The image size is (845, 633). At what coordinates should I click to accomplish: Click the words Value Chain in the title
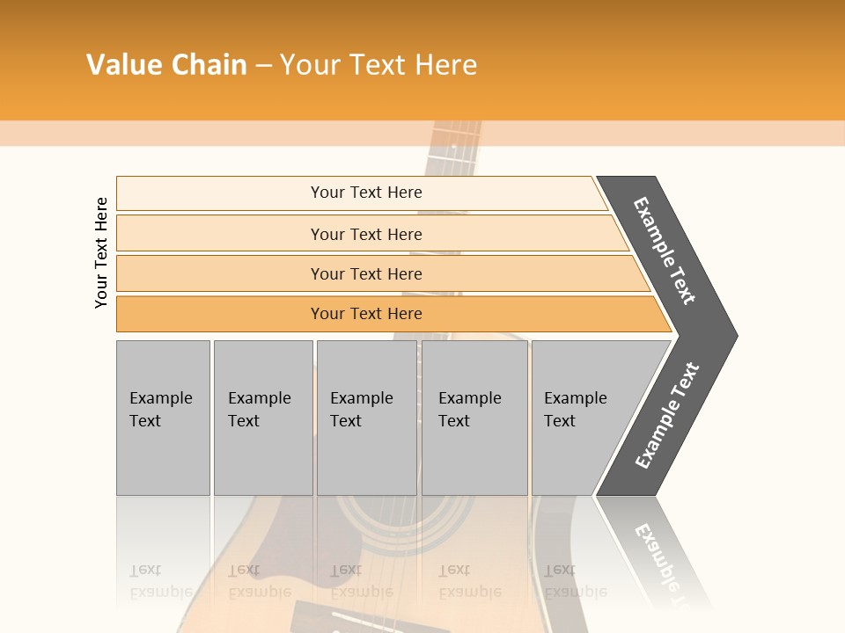(x=166, y=65)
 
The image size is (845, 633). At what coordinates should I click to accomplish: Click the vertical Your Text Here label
(x=101, y=252)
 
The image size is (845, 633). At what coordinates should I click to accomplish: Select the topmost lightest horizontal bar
(x=361, y=193)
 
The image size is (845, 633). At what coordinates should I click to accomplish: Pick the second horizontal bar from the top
(x=370, y=234)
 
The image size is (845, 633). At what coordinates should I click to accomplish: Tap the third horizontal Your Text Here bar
(x=378, y=273)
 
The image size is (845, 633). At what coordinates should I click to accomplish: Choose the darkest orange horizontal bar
(x=387, y=314)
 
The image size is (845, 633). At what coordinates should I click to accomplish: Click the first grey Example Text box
(x=163, y=418)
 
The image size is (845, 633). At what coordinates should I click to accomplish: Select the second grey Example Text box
(x=263, y=418)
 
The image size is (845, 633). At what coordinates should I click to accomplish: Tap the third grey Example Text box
(x=366, y=418)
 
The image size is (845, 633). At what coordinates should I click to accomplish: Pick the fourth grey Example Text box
(x=474, y=418)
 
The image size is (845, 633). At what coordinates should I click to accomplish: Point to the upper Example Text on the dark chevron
(x=665, y=251)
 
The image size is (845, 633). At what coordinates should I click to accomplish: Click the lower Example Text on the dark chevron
(x=666, y=416)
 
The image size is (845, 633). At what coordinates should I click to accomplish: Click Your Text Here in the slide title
(x=378, y=65)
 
